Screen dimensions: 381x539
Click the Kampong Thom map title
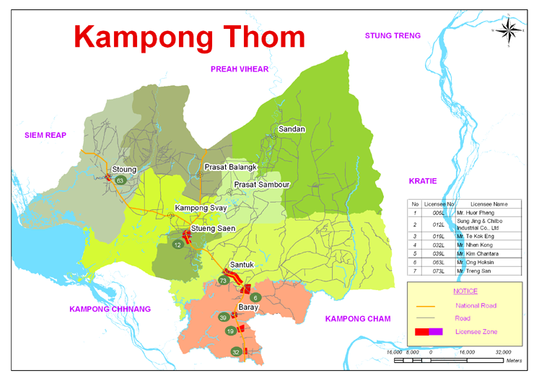coord(190,35)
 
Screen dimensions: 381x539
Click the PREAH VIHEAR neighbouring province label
coord(239,69)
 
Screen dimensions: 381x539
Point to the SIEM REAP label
coord(45,135)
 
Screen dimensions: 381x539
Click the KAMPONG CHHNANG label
coord(110,309)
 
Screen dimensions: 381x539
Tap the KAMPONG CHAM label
coord(357,319)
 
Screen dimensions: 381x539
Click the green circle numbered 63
coord(120,180)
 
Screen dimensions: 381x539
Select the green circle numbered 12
coord(178,245)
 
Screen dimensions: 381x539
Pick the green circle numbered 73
coord(224,281)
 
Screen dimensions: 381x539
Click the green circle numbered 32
coord(235,351)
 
